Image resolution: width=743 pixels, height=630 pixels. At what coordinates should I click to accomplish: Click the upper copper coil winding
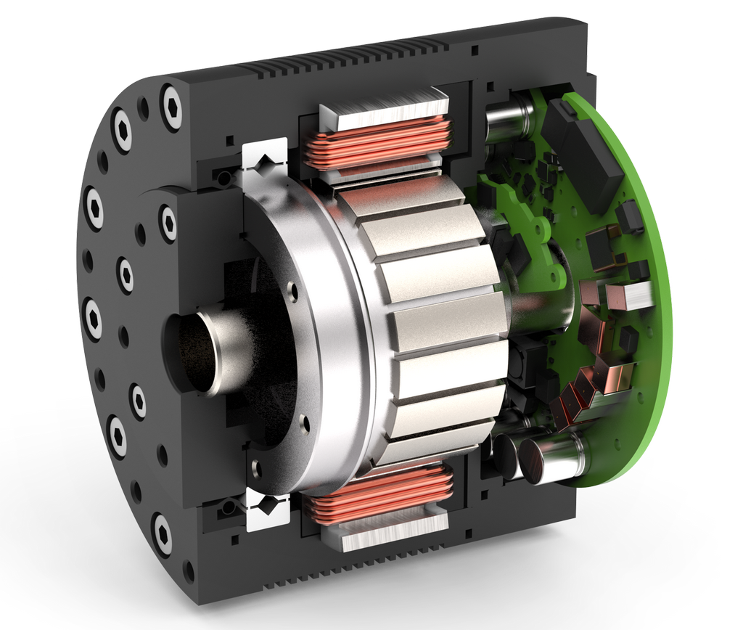pos(377,141)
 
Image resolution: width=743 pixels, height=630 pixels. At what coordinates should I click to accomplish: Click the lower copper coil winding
pos(377,494)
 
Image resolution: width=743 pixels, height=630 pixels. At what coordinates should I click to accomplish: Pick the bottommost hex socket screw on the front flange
pos(162,534)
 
